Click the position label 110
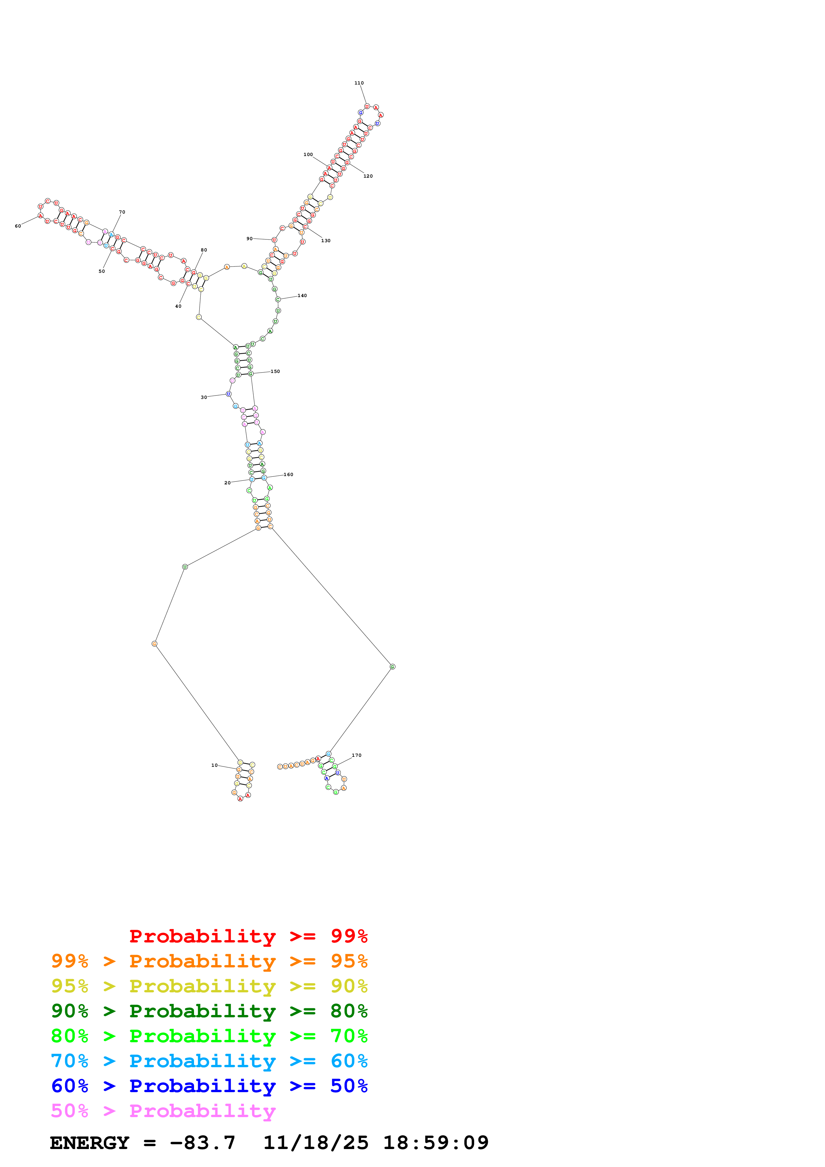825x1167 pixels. click(x=359, y=83)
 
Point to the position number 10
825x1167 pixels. click(x=215, y=765)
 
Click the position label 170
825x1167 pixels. click(x=356, y=755)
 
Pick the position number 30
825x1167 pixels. click(x=204, y=398)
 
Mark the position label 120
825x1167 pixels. click(x=368, y=176)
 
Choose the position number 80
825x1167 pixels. click(x=204, y=250)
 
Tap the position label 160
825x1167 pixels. click(x=288, y=475)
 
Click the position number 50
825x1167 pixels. click(x=102, y=271)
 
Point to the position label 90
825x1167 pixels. click(x=250, y=239)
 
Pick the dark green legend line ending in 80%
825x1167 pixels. click(x=209, y=1011)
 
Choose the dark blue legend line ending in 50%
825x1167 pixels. click(x=209, y=1086)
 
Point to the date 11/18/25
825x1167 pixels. click(x=316, y=1143)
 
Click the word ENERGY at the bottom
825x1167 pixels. click(x=90, y=1143)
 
